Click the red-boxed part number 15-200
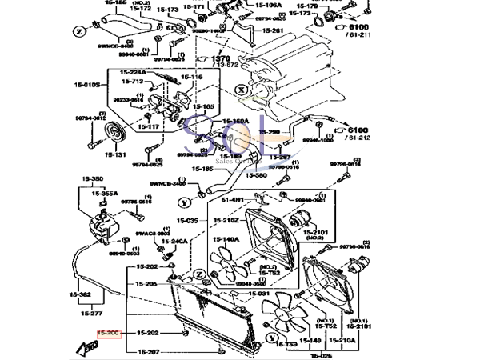point(108,332)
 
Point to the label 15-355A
point(105,194)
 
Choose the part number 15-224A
point(134,72)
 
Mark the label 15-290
point(270,132)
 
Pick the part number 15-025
point(322,354)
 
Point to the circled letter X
point(239,91)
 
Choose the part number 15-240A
point(174,241)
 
